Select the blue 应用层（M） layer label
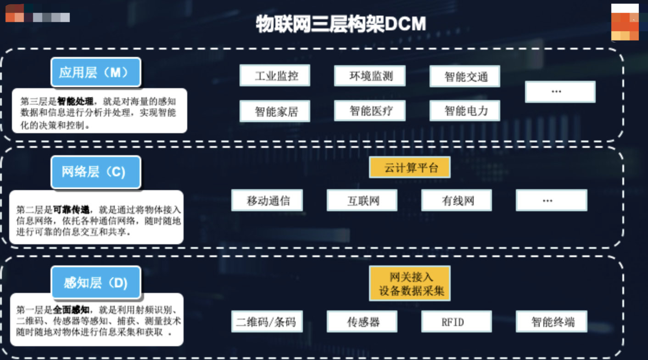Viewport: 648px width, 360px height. click(x=95, y=73)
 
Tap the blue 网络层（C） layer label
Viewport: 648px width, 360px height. click(x=95, y=172)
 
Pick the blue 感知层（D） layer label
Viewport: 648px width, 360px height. click(x=95, y=282)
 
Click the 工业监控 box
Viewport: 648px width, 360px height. click(x=275, y=76)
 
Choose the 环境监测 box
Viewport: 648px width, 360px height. click(x=369, y=76)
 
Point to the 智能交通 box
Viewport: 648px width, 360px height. click(x=464, y=77)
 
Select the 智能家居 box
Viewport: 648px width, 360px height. click(x=275, y=111)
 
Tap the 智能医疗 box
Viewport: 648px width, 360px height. click(x=369, y=111)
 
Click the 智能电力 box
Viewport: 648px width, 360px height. click(x=464, y=111)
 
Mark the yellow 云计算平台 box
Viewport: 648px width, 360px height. click(x=409, y=168)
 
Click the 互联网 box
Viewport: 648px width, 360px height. click(x=362, y=201)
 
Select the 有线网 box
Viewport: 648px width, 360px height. click(x=457, y=201)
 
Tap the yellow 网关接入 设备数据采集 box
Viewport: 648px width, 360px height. click(x=409, y=283)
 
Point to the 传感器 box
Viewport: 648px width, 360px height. click(x=362, y=321)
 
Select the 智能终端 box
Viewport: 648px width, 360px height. click(x=552, y=321)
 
